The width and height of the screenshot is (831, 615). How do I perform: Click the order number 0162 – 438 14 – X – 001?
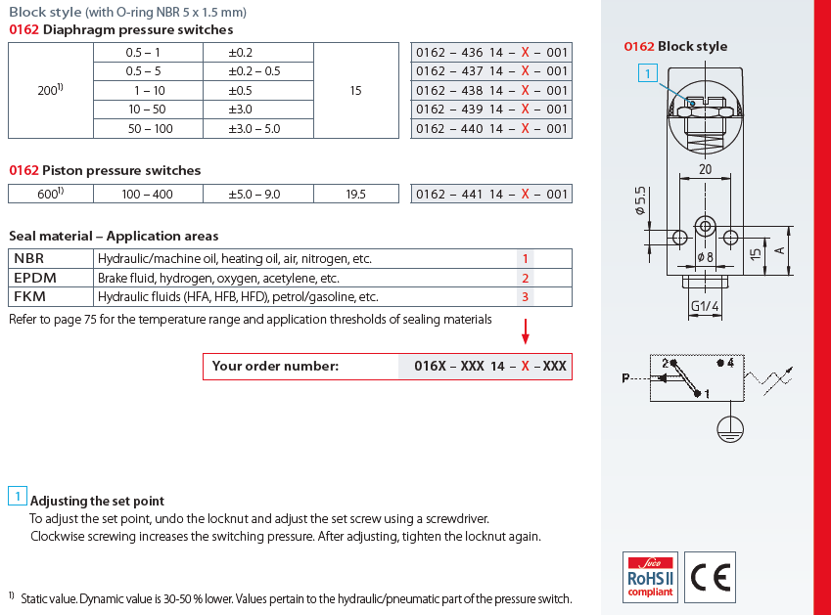coord(491,91)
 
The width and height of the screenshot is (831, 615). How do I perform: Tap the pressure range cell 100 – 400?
coord(148,195)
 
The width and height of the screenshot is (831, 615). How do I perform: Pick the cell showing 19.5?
coord(355,195)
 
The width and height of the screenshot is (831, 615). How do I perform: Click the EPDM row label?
coord(35,278)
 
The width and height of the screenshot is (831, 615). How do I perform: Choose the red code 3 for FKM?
coord(526,297)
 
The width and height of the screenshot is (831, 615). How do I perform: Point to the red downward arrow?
coord(526,331)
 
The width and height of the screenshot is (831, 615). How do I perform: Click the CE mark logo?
coord(711,577)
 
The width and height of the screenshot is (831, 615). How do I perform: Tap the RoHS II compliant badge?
coord(650,577)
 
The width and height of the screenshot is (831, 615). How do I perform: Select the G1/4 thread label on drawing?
coord(705,306)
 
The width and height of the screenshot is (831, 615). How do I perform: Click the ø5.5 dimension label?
coord(640,200)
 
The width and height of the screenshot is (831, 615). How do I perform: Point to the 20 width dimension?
coord(705,169)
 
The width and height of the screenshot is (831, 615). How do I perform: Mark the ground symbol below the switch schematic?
coord(730,429)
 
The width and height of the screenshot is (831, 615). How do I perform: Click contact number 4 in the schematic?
coord(730,363)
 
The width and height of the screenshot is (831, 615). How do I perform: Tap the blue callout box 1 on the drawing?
coord(648,73)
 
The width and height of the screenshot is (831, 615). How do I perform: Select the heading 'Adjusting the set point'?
coord(97,501)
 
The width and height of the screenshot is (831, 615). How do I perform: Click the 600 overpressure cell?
coord(50,195)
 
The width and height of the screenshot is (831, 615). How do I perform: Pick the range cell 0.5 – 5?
coord(143,71)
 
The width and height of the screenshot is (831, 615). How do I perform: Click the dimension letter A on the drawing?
coord(779,250)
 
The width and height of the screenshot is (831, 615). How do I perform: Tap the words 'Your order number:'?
coord(275,366)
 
